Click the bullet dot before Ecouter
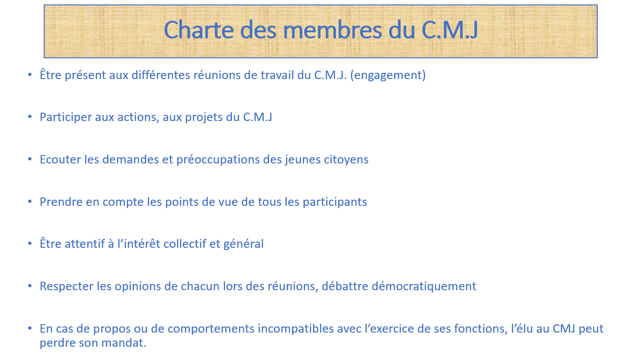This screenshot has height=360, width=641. click(x=30, y=159)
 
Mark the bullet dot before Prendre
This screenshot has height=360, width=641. click(x=30, y=201)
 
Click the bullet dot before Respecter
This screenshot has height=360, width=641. click(x=30, y=285)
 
